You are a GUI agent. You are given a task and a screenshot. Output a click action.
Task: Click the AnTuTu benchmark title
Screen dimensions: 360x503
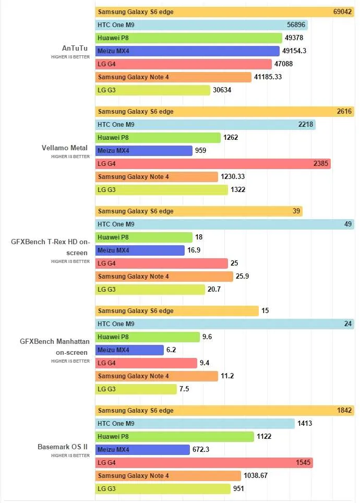(x=75, y=48)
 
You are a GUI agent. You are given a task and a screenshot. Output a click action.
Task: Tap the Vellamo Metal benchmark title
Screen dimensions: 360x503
(x=65, y=148)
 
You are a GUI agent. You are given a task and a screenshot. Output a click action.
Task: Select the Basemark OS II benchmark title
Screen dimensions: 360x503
(x=63, y=447)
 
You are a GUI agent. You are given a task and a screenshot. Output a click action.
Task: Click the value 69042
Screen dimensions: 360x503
(x=342, y=12)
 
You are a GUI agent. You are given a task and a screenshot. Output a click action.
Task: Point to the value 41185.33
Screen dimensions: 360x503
(x=268, y=77)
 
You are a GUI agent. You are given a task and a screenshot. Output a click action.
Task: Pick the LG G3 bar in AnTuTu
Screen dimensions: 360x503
(x=153, y=90)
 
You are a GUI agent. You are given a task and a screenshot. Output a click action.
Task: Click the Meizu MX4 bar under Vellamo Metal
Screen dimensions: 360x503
(x=144, y=150)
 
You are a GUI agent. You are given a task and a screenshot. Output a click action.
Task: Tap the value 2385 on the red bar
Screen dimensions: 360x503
(x=321, y=164)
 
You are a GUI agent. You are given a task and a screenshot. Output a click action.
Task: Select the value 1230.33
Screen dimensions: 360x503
(x=233, y=177)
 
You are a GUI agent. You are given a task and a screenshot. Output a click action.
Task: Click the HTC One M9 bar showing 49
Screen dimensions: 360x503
(x=224, y=224)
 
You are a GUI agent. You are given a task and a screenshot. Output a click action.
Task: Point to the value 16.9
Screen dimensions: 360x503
(x=194, y=250)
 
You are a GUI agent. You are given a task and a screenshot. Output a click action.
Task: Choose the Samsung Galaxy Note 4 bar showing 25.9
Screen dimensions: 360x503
(x=164, y=276)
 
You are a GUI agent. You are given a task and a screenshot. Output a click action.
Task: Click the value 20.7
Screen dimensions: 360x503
(x=214, y=290)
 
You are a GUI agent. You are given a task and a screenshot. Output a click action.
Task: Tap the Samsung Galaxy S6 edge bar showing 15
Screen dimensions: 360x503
(x=177, y=311)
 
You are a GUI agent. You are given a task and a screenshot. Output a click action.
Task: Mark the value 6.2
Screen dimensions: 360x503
(x=171, y=350)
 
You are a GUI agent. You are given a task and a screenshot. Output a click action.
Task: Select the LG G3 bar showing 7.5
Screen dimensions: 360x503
(x=136, y=389)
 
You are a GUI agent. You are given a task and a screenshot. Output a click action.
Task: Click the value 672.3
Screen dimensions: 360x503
(x=201, y=449)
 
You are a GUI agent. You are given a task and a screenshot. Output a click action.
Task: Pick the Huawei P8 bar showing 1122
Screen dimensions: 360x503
(x=175, y=437)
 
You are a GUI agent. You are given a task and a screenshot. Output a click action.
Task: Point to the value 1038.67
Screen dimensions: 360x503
(x=256, y=475)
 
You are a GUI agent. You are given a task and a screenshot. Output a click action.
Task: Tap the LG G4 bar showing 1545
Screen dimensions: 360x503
(x=204, y=463)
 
